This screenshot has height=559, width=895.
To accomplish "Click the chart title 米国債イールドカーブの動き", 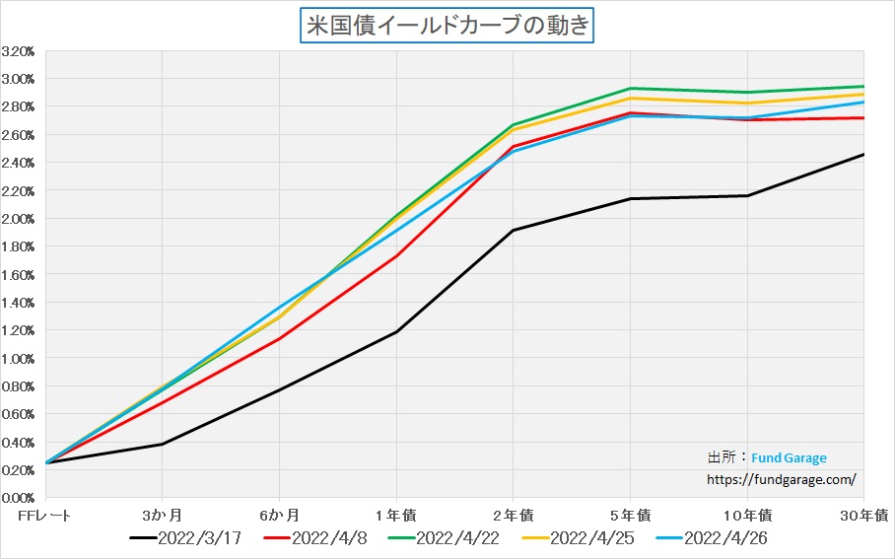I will pos(447,25).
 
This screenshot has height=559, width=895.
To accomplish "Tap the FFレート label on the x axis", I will pos(46,515).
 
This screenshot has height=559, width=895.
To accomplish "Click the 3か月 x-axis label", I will pos(162,515).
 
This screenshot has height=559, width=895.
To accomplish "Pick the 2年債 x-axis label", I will pos(513,515).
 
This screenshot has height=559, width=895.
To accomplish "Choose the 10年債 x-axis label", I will pos(748,515).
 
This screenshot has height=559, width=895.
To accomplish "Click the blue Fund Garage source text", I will pos(789,458).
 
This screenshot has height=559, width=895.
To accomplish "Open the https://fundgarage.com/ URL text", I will pos(782,479).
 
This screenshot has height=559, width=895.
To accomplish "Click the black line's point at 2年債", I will pos(513,231).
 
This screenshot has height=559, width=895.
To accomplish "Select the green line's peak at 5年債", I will pos(630,89).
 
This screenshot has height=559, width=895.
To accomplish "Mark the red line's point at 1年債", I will pos(396,255).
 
